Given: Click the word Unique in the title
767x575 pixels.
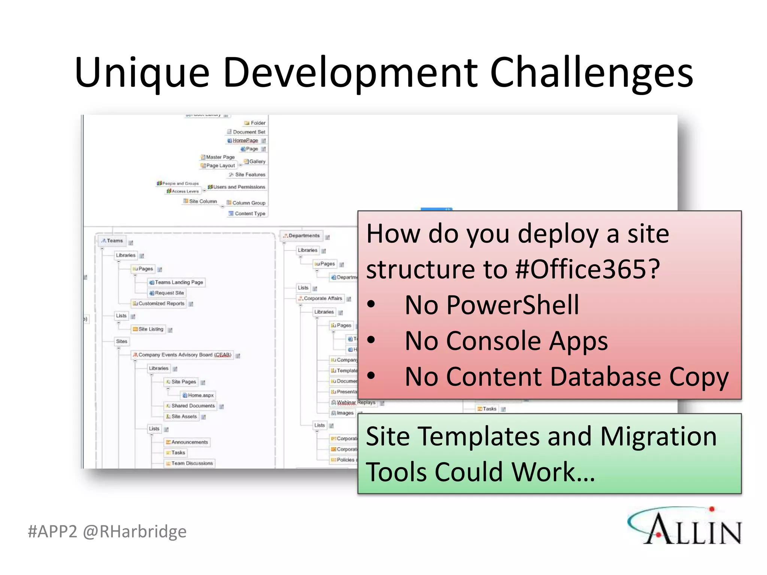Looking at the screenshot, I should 142,73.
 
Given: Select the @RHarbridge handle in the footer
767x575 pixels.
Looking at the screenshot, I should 135,532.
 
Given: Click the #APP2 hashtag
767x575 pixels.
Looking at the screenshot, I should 52,532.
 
